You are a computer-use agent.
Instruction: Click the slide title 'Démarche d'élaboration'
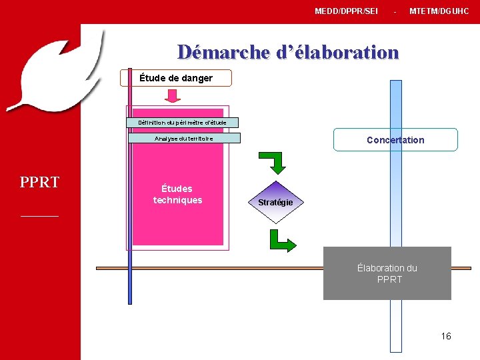(x=287, y=52)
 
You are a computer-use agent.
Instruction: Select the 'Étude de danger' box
(x=176, y=78)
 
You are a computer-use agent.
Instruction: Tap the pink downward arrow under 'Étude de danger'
(x=173, y=96)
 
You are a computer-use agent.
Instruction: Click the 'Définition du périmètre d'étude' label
(x=182, y=123)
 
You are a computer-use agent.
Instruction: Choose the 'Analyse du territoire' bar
(x=184, y=138)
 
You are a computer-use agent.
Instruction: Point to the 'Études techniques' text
(x=177, y=194)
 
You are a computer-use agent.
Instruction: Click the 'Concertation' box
(x=395, y=140)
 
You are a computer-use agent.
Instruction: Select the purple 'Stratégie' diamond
(x=275, y=201)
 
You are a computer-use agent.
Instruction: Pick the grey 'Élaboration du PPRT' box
(x=387, y=273)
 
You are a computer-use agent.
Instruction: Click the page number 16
(x=446, y=336)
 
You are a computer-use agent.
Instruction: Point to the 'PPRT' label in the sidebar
(x=40, y=182)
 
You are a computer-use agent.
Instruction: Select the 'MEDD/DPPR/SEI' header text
(x=346, y=11)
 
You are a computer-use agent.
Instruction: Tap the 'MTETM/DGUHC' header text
(x=439, y=11)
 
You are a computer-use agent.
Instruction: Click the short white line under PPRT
(x=40, y=216)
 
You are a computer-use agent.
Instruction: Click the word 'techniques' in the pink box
(x=177, y=200)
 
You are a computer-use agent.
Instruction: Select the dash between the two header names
(x=395, y=12)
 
